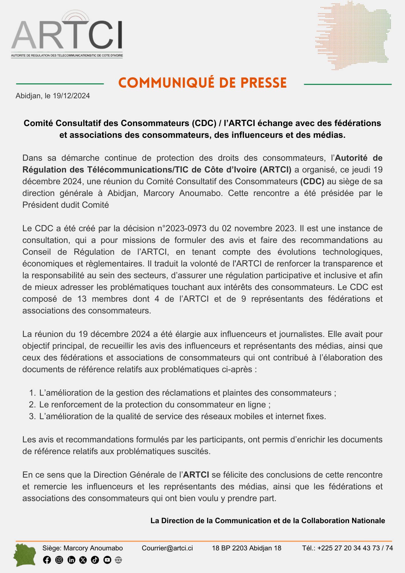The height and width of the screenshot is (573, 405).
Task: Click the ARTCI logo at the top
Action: tap(67, 34)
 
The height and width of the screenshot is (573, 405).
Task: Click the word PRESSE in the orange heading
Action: tap(263, 83)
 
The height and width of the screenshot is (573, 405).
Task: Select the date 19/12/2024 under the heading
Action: tap(71, 96)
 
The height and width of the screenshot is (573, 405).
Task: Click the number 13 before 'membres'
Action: tap(82, 299)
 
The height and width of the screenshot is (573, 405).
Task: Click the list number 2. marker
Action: tap(32, 405)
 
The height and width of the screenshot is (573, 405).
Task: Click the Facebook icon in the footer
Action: tap(47, 560)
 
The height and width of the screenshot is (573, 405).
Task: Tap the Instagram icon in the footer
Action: tap(59, 560)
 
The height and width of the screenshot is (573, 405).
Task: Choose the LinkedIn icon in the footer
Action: tap(71, 560)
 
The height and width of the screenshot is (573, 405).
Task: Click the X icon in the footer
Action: tap(83, 560)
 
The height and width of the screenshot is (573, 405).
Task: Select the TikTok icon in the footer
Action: tap(95, 560)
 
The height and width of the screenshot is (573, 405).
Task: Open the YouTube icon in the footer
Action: tap(107, 560)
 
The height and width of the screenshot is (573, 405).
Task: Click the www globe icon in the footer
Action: tap(118, 560)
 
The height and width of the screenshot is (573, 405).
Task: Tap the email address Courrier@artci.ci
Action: tap(167, 548)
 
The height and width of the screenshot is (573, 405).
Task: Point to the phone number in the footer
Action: tap(355, 548)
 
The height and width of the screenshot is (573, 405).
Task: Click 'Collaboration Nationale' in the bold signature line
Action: tap(343, 521)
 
